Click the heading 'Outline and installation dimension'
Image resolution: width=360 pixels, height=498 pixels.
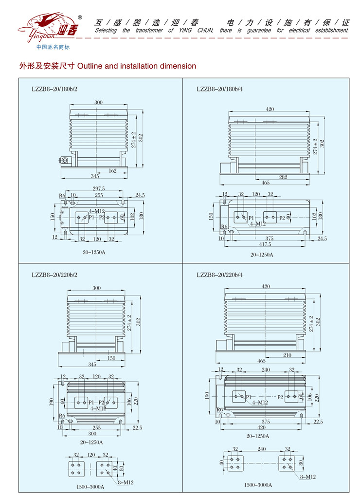136,66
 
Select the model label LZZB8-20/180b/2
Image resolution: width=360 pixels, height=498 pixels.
54,89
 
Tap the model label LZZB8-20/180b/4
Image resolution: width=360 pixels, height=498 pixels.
219,89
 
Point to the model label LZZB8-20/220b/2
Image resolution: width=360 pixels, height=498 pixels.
54,275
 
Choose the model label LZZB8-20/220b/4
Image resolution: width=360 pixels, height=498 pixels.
219,275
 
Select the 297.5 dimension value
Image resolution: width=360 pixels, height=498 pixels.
98,188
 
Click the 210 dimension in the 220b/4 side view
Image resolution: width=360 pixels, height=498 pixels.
288,355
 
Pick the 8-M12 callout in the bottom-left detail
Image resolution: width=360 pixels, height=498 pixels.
125,482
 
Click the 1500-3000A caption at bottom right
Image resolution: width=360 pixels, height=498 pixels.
258,485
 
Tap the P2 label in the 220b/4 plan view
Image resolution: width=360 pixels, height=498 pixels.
281,397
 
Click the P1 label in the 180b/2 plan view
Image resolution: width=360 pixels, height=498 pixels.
91,218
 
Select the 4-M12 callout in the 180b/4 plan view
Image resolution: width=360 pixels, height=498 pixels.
258,223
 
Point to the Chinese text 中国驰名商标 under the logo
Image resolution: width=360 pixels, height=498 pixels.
53,47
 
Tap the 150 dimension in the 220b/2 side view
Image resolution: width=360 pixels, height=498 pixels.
111,358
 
